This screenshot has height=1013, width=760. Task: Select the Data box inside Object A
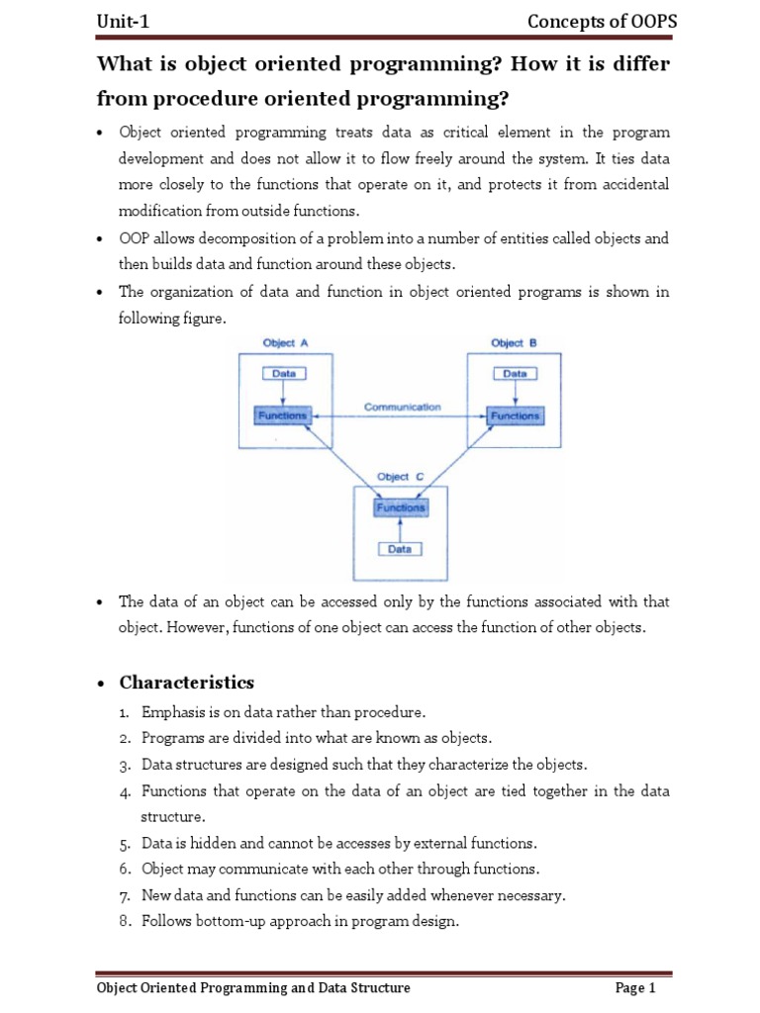click(x=283, y=374)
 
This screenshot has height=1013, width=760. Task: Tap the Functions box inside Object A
click(x=282, y=415)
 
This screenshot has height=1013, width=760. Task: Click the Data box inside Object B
click(x=515, y=374)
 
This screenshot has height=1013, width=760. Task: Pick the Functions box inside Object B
click(x=515, y=415)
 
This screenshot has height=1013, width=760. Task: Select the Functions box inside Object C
click(x=400, y=507)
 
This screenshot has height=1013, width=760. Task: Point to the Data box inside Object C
click(x=400, y=548)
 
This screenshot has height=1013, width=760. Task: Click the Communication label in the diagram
click(x=402, y=407)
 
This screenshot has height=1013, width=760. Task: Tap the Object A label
click(x=285, y=343)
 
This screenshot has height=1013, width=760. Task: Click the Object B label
click(x=514, y=343)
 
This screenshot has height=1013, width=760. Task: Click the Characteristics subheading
click(x=186, y=683)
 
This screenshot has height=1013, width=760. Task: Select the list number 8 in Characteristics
click(x=126, y=921)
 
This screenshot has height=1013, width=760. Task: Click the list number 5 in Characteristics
click(x=126, y=844)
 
